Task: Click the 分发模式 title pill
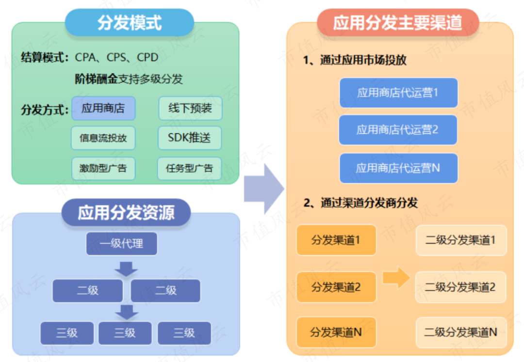130,23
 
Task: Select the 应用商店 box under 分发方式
103,108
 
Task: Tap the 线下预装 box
190,108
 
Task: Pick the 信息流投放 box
103,138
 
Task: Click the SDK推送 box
190,138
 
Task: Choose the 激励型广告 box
103,169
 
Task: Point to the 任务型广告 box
190,169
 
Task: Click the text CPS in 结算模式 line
116,58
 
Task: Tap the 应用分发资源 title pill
126,212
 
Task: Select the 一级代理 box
122,244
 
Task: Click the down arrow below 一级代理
127,268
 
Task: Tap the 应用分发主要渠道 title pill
398,23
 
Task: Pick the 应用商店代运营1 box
398,93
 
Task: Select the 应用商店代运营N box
398,168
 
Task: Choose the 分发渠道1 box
336,240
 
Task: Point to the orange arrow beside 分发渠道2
396,277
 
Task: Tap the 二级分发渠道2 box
460,287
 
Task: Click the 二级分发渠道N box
460,332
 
